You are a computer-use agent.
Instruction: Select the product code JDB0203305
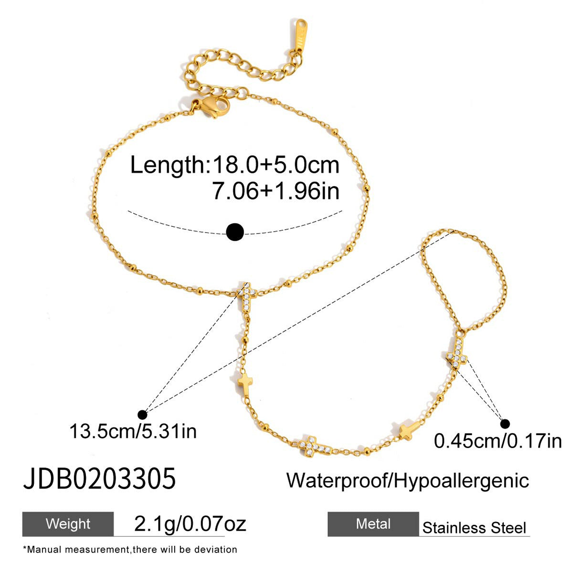tap(99, 478)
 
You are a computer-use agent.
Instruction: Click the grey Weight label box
tap(68, 524)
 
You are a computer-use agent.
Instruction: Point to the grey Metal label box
tap(373, 524)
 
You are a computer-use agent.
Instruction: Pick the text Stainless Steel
tap(474, 528)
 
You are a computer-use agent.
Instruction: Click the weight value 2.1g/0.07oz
tap(190, 524)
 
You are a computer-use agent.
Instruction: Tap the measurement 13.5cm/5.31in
tap(133, 431)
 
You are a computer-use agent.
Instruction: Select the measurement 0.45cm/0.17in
tap(498, 441)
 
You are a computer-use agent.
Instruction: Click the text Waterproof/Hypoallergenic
tap(408, 481)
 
